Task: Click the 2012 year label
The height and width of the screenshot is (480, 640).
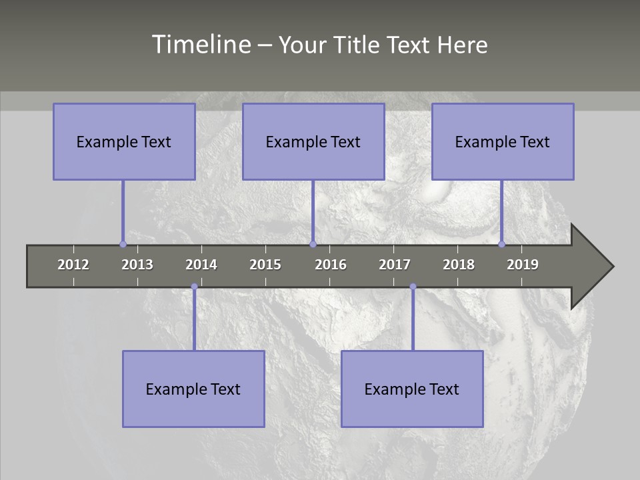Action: (73, 265)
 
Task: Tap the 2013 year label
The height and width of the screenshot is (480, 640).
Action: (137, 265)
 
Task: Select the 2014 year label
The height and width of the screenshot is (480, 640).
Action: (201, 265)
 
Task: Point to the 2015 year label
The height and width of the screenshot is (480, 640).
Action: (265, 265)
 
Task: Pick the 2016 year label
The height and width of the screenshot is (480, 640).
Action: (331, 265)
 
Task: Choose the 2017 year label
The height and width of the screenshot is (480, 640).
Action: (395, 265)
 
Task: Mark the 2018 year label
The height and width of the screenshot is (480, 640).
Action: (459, 265)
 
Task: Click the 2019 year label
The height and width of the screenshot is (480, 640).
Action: (523, 265)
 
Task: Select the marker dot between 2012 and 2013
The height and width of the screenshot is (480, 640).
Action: (123, 244)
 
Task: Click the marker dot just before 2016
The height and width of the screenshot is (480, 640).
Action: (313, 244)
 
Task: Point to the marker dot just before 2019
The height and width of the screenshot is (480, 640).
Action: (502, 244)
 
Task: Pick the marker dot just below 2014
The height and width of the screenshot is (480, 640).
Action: (194, 287)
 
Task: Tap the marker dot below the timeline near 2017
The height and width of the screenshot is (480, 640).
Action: (413, 287)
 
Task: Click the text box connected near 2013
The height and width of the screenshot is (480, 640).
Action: (124, 141)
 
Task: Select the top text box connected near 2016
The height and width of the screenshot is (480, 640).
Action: (313, 141)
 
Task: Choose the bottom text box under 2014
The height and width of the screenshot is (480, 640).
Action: (193, 389)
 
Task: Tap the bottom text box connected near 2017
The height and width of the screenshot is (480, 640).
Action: (412, 389)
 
